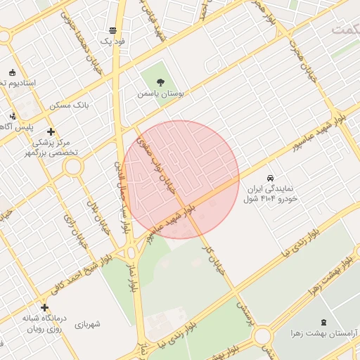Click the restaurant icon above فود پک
click(112, 30)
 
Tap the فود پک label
click(112, 41)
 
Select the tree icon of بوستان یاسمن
click(161, 82)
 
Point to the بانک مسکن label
click(70, 105)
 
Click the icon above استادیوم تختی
click(12, 72)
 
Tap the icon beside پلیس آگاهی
click(12, 115)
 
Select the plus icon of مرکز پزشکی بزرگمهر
click(51, 131)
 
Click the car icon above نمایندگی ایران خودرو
click(271, 178)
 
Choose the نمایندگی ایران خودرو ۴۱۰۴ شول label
click(271, 195)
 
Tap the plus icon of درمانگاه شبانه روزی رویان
click(45, 307)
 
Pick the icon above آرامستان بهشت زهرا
click(323, 321)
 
